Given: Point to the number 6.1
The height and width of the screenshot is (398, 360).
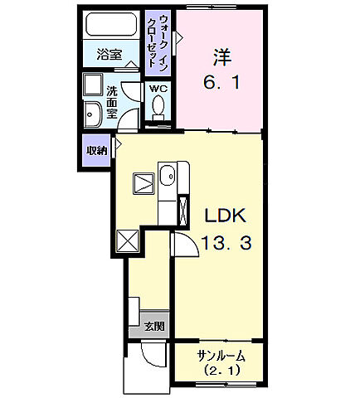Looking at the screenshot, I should point(221,84).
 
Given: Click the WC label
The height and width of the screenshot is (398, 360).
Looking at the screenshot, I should point(157,87).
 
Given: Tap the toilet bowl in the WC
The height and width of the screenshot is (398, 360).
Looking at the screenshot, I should point(158,106).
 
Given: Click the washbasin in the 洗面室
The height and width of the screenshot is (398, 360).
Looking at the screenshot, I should point(92,115).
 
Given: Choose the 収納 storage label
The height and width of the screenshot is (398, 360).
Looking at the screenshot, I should point(96,151).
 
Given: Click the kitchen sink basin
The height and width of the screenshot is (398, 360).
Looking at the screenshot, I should point(167,176).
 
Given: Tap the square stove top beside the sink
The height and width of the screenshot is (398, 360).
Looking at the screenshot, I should point(142,182).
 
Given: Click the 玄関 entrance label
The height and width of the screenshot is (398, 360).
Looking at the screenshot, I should point(153,326).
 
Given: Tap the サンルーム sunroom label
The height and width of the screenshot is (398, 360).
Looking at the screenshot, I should point(221,356).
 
